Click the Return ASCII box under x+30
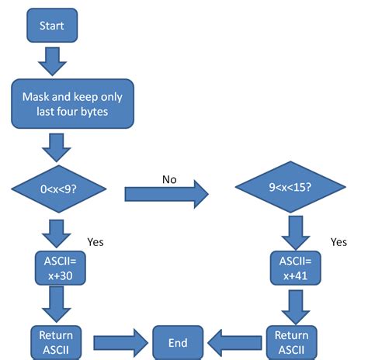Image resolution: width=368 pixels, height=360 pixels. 56,341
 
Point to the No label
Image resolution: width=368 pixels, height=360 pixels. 169,179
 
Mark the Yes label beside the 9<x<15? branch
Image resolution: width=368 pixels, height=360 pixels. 338,241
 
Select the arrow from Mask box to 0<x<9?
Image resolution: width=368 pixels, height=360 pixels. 56,145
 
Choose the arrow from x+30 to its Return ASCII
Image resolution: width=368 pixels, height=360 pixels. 56,304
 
